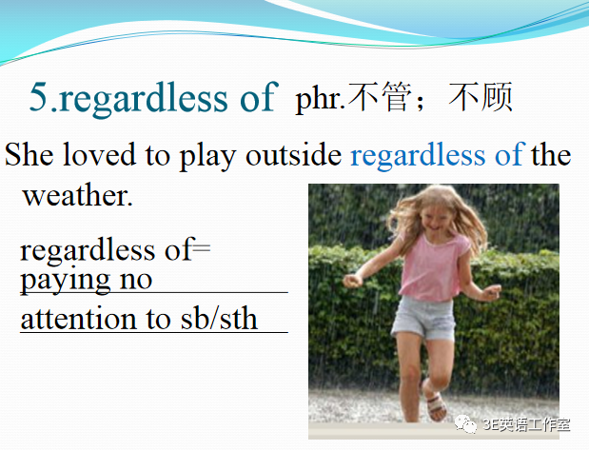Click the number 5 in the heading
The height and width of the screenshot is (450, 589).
(x=39, y=96)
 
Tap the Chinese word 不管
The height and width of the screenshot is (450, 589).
(x=380, y=97)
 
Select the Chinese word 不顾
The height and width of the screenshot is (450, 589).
(x=481, y=97)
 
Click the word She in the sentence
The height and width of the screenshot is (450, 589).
(x=29, y=154)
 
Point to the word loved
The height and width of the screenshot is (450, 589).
(x=99, y=154)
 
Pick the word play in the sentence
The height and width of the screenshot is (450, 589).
(x=207, y=157)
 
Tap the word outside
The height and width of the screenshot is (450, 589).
(x=294, y=154)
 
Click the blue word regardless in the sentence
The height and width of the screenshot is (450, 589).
(x=418, y=156)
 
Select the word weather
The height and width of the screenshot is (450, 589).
(x=78, y=195)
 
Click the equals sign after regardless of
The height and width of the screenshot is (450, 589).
(x=202, y=248)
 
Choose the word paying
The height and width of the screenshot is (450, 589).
(x=65, y=281)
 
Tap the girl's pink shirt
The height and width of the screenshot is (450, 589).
(x=432, y=266)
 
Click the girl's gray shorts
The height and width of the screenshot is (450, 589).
(x=423, y=318)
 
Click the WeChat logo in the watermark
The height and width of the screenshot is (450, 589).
(x=466, y=424)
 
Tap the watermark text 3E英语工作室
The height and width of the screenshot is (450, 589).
(x=526, y=424)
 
